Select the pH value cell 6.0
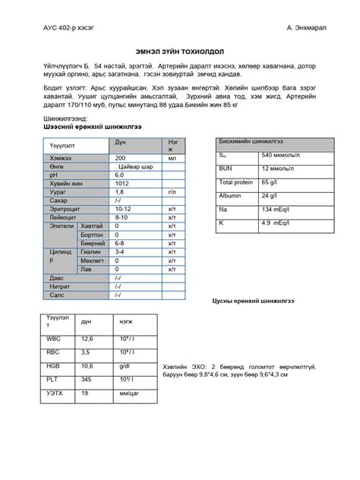[x=119, y=175]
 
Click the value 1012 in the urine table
[x=122, y=184]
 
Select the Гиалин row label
[x=90, y=251]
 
